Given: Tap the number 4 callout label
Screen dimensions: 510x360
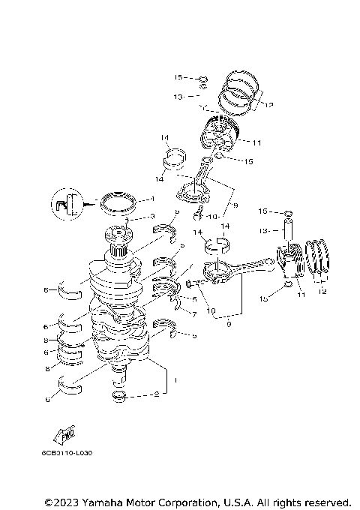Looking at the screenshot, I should [151, 199].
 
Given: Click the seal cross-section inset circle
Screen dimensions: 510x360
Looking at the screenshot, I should [66, 203].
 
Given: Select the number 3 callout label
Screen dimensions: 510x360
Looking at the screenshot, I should [151, 216].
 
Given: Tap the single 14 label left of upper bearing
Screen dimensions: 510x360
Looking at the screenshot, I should [165, 138].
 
